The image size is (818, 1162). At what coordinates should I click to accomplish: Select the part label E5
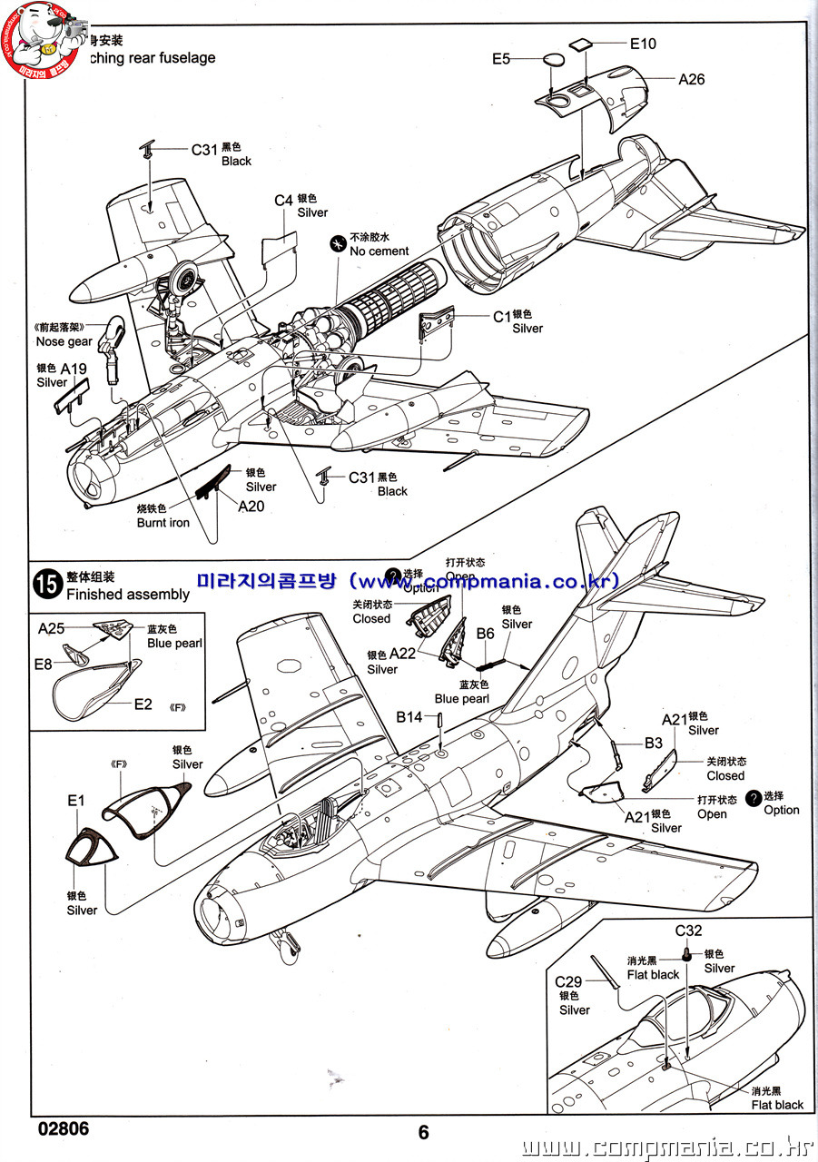click(501, 59)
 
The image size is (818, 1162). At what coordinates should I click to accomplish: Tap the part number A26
click(691, 79)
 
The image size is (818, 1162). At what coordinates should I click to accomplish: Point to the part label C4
click(283, 201)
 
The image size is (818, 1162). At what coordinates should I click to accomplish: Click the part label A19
click(74, 369)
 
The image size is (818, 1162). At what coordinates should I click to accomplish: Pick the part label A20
click(251, 506)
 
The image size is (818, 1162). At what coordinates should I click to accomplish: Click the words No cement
click(379, 251)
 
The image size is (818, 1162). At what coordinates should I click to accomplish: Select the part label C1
click(502, 317)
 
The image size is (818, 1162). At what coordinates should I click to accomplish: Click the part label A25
click(52, 628)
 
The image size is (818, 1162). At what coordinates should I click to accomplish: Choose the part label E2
click(143, 704)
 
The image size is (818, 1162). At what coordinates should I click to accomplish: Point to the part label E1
click(75, 800)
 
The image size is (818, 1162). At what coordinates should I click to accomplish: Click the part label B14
click(409, 717)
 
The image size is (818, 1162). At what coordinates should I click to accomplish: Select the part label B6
click(485, 633)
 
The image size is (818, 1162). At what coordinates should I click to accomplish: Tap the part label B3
click(654, 743)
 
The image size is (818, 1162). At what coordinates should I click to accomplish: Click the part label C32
click(688, 931)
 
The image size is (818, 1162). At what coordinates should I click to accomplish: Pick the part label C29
click(568, 981)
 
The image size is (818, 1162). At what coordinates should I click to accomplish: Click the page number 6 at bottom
click(423, 1132)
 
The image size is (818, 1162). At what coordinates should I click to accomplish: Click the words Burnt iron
click(163, 523)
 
